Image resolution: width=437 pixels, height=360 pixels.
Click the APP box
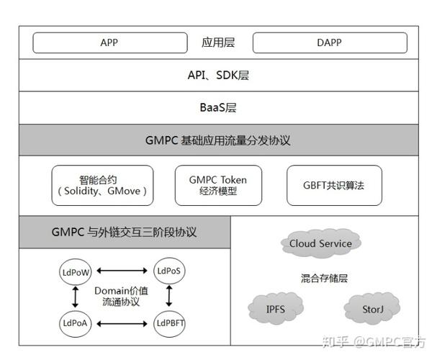[x=109, y=42]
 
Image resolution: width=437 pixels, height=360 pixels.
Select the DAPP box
[x=329, y=42]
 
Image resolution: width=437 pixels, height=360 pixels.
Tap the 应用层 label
[x=218, y=42]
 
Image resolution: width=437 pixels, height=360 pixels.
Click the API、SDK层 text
[x=218, y=75]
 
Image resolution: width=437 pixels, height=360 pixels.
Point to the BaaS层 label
[x=218, y=108]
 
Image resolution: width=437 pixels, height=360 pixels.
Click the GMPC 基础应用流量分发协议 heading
[x=218, y=140]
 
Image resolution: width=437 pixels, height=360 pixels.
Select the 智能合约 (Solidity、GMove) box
[x=102, y=186]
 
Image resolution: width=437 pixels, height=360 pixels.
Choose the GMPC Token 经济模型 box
[x=218, y=186]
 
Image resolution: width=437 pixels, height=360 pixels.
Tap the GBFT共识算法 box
[x=334, y=186]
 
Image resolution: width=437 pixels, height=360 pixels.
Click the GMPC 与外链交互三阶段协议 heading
[x=124, y=233]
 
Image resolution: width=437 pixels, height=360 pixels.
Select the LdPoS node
[x=170, y=271]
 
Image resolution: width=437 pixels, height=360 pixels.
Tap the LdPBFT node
[x=170, y=323]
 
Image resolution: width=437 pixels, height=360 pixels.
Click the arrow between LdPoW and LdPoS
[x=122, y=271]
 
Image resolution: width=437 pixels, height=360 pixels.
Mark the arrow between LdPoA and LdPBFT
[x=122, y=323]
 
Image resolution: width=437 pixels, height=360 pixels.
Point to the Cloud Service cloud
[x=320, y=243]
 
